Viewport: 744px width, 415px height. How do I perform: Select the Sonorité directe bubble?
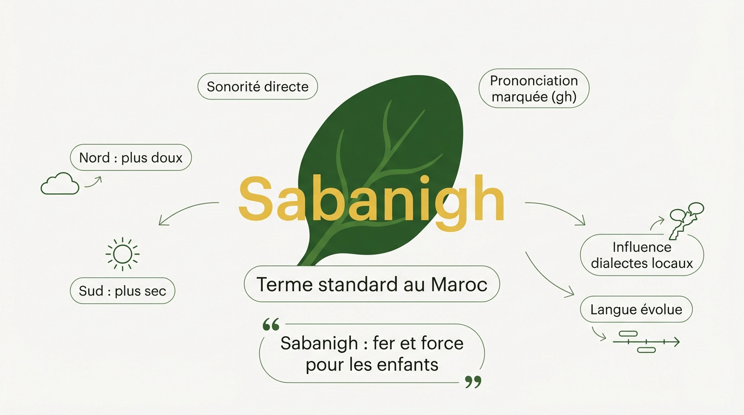[x=257, y=86]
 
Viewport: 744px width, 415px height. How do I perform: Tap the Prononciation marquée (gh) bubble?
[x=534, y=89]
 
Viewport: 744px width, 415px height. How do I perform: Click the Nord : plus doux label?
[x=131, y=158]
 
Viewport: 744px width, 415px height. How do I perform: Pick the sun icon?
[x=123, y=253]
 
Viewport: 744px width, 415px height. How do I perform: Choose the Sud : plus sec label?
[x=123, y=292]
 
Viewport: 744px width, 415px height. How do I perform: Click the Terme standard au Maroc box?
[x=371, y=284]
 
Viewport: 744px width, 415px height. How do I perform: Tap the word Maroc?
[x=459, y=284]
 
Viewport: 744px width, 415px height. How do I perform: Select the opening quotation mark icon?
[x=270, y=325]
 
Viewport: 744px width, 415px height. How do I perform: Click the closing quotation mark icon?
[x=473, y=383]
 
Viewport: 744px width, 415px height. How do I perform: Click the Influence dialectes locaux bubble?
[x=642, y=256]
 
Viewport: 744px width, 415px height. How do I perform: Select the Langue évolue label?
[x=636, y=310]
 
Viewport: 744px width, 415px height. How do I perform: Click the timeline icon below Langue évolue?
[x=646, y=342]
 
